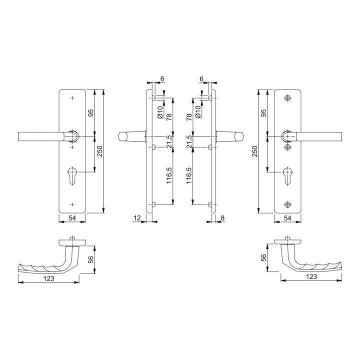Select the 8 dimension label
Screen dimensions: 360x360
[x=223, y=217]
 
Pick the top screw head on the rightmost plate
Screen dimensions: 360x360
[x=287, y=98]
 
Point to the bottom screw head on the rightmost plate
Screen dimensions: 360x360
[x=287, y=204]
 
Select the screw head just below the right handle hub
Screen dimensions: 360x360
[x=287, y=147]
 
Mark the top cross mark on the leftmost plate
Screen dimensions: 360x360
[x=72, y=98]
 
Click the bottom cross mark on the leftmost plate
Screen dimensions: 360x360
[x=72, y=204]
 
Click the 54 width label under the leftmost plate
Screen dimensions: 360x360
[x=72, y=218]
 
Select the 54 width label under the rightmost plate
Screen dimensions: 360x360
[x=287, y=218]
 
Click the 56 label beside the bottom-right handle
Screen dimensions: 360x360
[x=264, y=258]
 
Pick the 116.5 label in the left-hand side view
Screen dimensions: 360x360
[x=170, y=175]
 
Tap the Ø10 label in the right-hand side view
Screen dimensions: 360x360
[x=198, y=111]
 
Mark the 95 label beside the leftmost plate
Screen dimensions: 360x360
[x=90, y=113]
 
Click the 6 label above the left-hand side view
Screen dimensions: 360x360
[x=162, y=79]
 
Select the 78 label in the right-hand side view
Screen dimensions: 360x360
[x=189, y=117]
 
